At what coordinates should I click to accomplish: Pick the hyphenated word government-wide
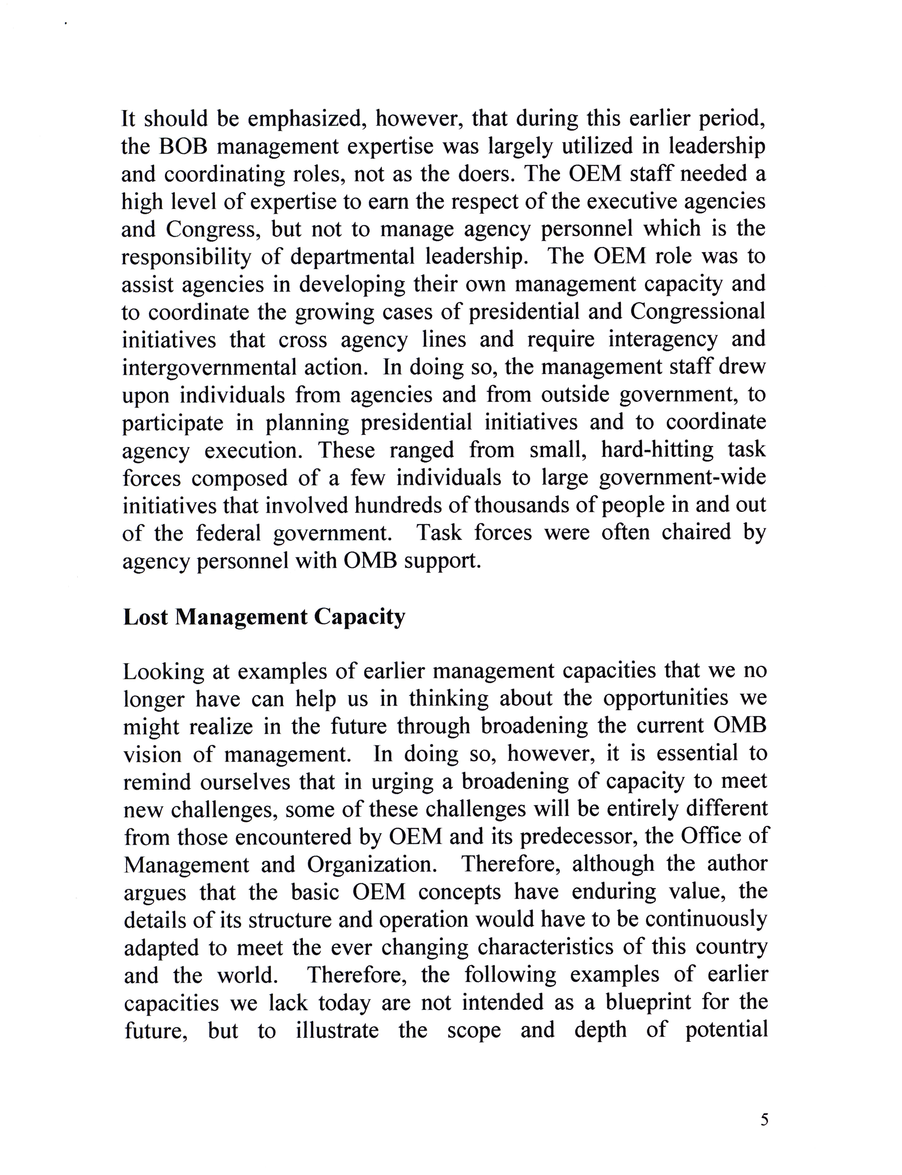pos(682,478)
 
